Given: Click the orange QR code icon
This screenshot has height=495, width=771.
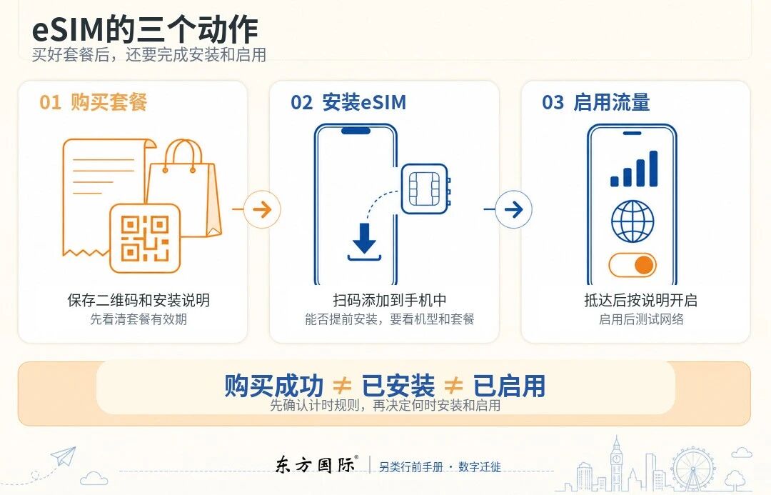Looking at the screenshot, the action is click(x=145, y=239).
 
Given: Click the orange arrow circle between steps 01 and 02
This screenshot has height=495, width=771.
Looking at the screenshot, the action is click(x=262, y=209).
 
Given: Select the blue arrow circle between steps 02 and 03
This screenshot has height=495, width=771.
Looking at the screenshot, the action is click(x=513, y=209).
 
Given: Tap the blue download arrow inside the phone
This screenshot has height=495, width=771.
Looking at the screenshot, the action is click(x=364, y=242).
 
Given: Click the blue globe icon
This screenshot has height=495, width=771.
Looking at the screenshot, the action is click(x=633, y=221).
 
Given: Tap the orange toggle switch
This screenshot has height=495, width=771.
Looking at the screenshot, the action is click(x=633, y=265).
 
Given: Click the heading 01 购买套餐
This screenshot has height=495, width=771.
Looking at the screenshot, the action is click(x=93, y=102).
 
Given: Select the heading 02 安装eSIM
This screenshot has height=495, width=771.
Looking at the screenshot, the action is click(x=348, y=102).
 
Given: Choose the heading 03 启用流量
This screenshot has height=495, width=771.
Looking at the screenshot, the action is click(x=596, y=102).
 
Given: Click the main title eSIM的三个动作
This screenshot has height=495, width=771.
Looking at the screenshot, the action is click(x=145, y=29).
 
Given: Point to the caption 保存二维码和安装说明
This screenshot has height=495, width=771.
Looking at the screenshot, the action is click(x=138, y=300).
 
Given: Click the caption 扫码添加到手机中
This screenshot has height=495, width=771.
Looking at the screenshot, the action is click(x=390, y=300).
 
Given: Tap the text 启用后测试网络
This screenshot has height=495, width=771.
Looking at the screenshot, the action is click(x=641, y=319).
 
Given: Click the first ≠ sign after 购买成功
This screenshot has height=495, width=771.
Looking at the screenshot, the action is click(x=342, y=385).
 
